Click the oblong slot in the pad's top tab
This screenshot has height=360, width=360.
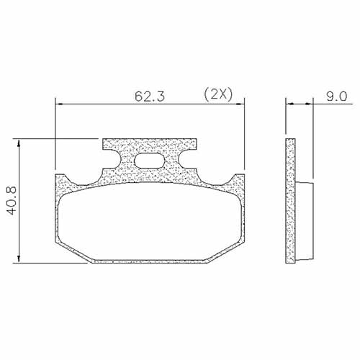pyautogui.click(x=150, y=162)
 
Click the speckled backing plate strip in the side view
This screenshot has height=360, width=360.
pyautogui.click(x=291, y=199)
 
